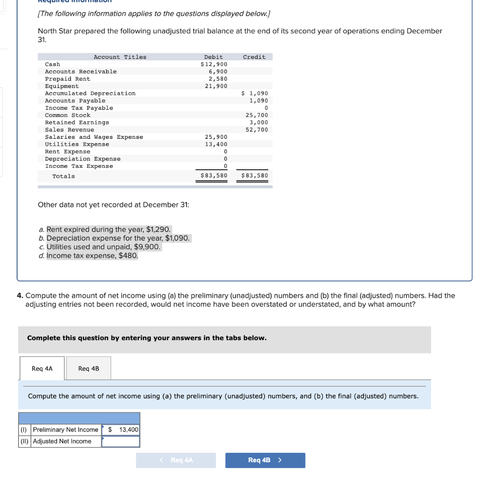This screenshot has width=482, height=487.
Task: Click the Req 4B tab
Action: [x=89, y=369]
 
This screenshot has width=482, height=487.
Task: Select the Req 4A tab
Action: [x=42, y=369]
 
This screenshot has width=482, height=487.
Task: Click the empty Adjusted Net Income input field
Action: [x=121, y=441]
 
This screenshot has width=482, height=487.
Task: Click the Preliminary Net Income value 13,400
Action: [x=125, y=429]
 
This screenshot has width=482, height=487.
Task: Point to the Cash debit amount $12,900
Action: [x=214, y=64]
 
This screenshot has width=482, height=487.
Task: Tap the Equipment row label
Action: [x=62, y=86]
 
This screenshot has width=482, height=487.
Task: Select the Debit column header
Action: [x=214, y=57]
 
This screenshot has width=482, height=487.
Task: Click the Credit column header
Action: [x=254, y=57]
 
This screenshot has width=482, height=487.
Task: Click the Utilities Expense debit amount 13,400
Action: [x=216, y=144]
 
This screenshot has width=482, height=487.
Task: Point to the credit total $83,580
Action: [x=255, y=176]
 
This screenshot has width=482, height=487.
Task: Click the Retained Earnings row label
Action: [x=77, y=123]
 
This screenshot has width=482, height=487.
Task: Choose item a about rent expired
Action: [x=105, y=229]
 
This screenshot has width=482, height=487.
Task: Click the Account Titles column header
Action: [x=120, y=57]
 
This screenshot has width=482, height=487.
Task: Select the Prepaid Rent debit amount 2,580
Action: [x=218, y=79]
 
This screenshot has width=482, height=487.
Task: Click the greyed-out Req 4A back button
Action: [x=176, y=460]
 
